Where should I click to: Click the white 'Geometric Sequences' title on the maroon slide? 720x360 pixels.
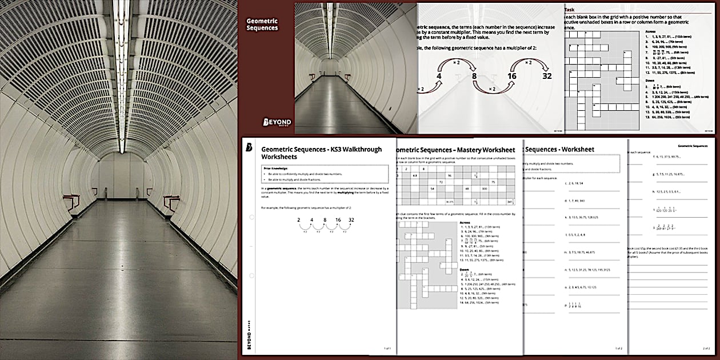pos(262,24)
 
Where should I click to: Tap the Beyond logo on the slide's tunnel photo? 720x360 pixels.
pos(277,122)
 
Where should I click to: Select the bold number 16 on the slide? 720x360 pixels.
pos(511,76)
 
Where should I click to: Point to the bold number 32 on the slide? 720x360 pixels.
pos(547,76)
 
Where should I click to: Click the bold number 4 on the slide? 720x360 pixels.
pos(439,76)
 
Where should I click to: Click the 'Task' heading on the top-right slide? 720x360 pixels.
pos(570,10)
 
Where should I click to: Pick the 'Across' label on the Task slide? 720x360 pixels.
pos(650,32)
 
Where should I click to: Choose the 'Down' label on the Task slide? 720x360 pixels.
pos(650,81)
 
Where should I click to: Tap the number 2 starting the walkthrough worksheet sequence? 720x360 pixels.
pos(298,220)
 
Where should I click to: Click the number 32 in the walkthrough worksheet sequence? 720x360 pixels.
pos(351,220)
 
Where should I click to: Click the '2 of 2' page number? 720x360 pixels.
pos(706,348)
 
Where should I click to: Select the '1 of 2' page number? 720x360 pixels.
pos(618,348)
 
